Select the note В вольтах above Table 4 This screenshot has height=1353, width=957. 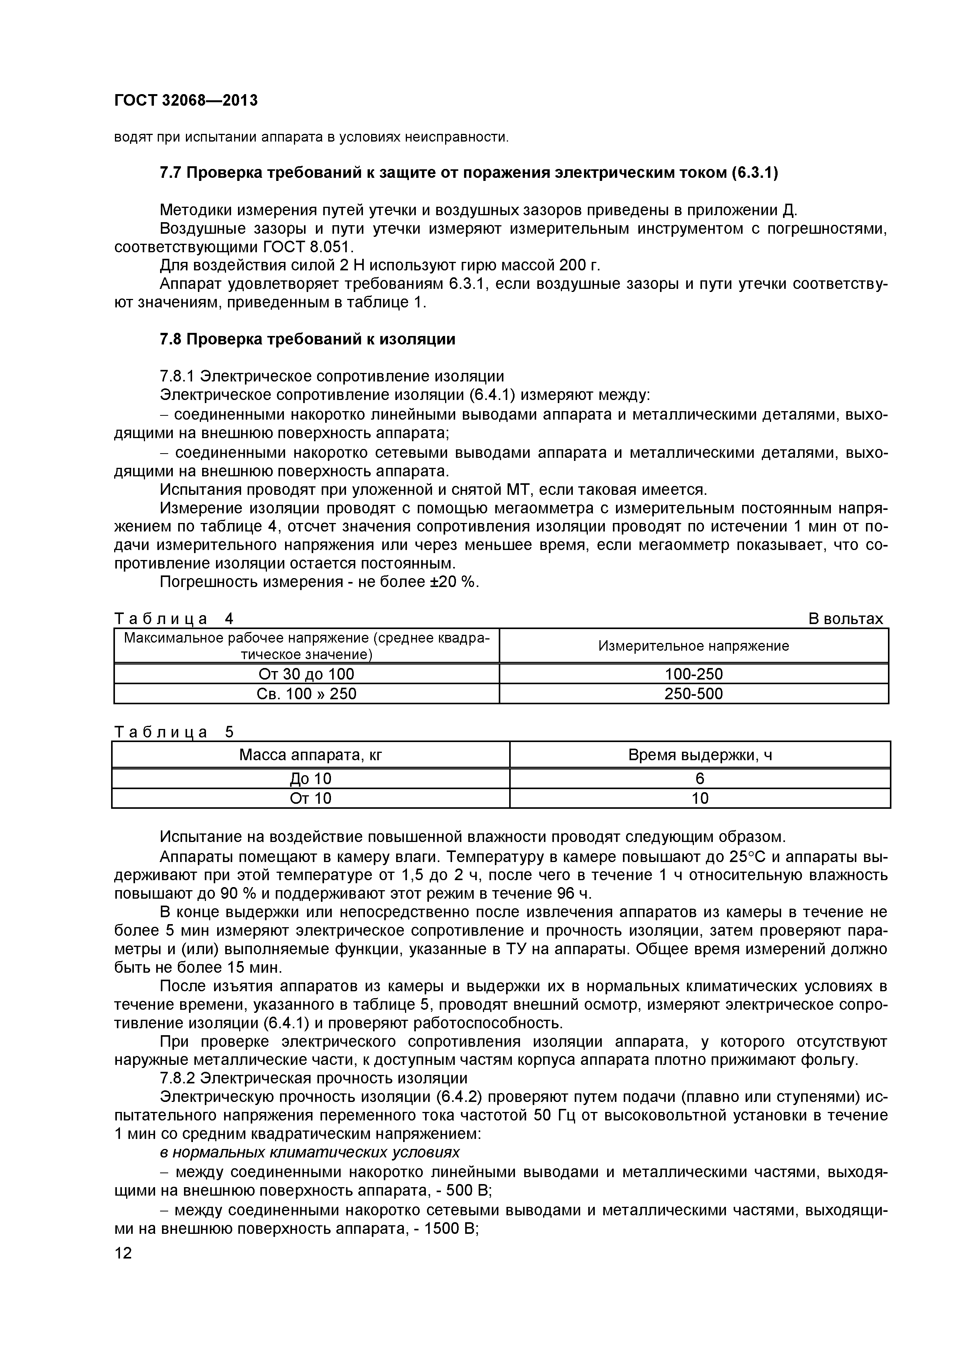pyautogui.click(x=846, y=619)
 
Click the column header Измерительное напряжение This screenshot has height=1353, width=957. pyautogui.click(x=694, y=646)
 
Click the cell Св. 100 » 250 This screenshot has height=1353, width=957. pyautogui.click(x=306, y=693)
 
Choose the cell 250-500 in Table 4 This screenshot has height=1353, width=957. pyautogui.click(x=694, y=693)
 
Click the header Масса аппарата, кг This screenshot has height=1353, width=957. pyautogui.click(x=311, y=755)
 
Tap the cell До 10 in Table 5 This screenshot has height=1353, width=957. pyautogui.click(x=311, y=779)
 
